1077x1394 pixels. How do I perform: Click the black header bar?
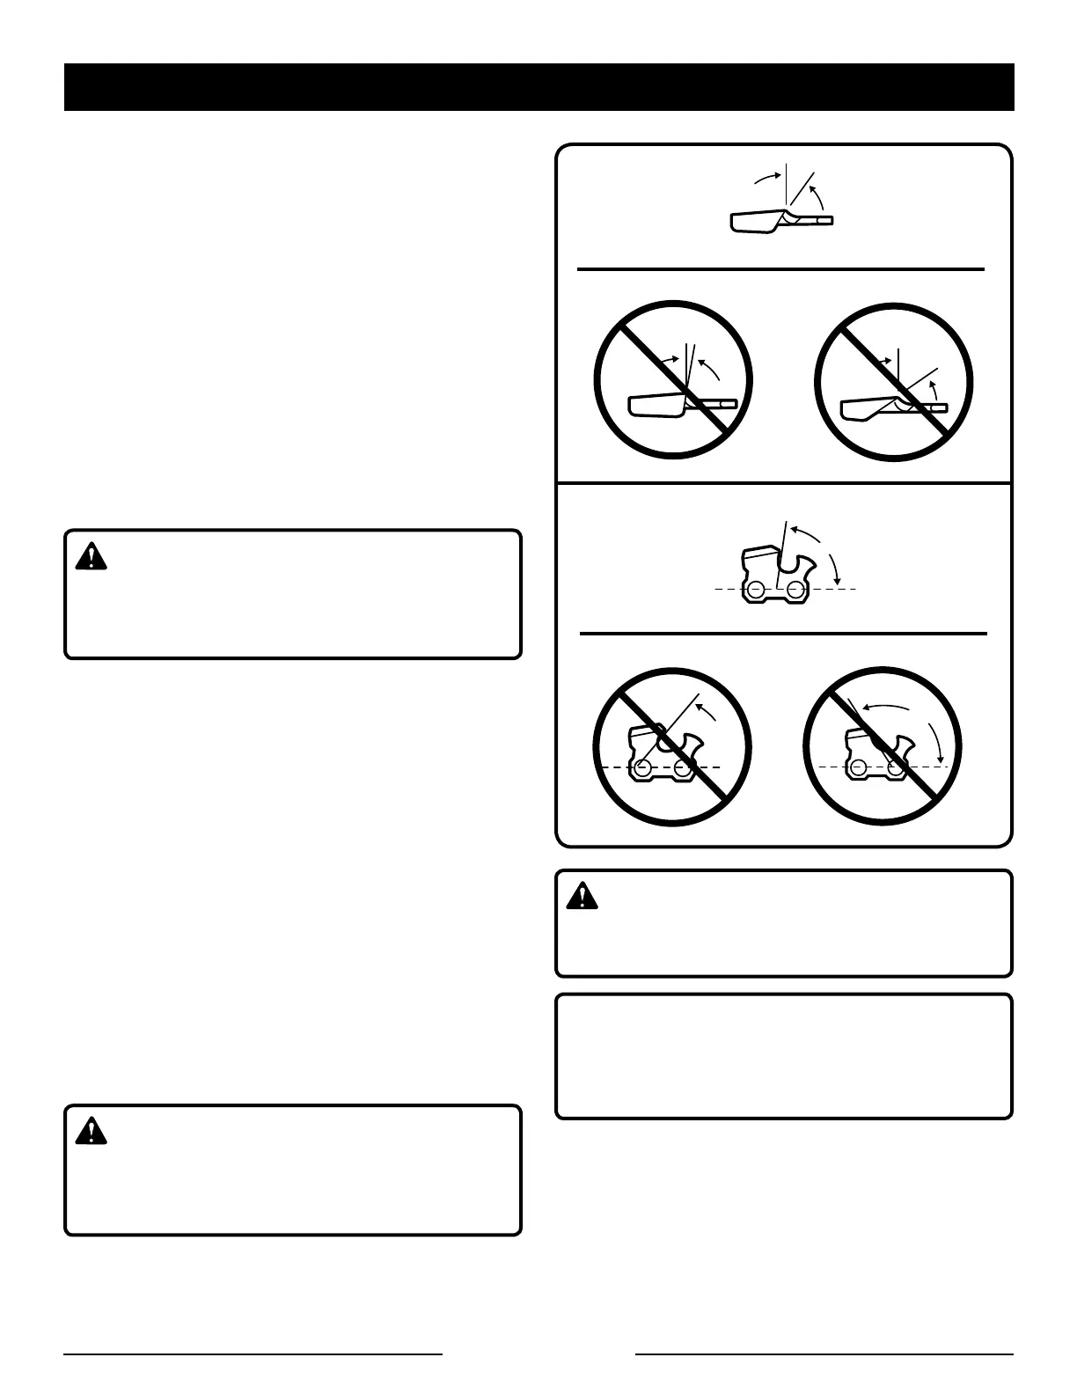[x=538, y=87]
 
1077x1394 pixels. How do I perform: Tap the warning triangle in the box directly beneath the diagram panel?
[x=580, y=896]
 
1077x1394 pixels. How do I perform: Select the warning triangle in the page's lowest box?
[x=91, y=1131]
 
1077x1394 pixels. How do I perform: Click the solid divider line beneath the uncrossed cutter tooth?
[x=780, y=269]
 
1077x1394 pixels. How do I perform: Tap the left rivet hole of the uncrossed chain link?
[x=757, y=589]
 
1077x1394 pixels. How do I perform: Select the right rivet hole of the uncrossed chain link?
[x=796, y=589]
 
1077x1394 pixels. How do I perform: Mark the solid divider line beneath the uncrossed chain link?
[x=783, y=633]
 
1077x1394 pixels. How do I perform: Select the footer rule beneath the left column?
[x=253, y=1354]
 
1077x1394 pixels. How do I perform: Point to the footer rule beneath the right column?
[x=824, y=1354]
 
